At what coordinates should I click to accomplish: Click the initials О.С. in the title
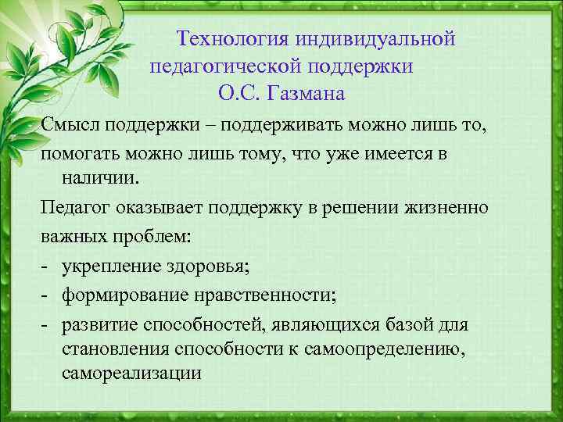pos(239,95)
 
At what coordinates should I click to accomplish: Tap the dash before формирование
pos(46,295)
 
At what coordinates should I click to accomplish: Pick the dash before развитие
pos(46,324)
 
